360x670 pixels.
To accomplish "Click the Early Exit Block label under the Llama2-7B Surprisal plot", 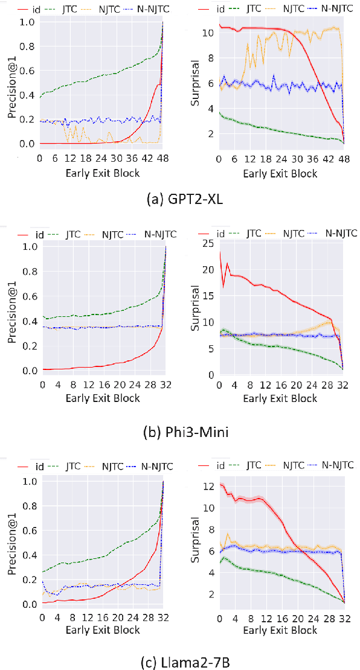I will coord(280,630).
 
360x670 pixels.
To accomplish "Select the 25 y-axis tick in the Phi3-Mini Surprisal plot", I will coord(209,243).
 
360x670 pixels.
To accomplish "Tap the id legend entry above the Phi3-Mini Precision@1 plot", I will coord(33,234).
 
